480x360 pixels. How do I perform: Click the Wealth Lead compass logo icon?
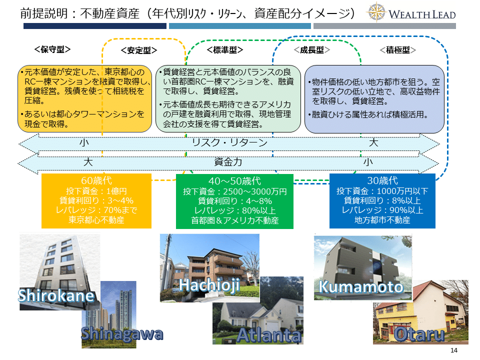376,12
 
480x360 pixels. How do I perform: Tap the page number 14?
453,350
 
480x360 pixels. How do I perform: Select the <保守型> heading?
52,49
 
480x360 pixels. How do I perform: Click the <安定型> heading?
139,50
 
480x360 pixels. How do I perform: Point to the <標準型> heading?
225,49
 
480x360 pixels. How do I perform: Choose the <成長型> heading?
312,50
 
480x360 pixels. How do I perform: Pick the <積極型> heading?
398,50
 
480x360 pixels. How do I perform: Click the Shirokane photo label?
56,295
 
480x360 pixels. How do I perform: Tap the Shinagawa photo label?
122,334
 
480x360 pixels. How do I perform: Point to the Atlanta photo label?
269,335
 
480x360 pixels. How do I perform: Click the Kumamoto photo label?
361,287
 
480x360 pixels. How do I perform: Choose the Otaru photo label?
419,334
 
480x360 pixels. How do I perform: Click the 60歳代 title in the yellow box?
96,180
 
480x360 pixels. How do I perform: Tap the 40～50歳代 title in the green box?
235,181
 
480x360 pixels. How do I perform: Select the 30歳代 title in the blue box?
382,180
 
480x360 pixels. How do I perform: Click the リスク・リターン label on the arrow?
229,142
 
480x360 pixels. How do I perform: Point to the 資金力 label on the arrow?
228,161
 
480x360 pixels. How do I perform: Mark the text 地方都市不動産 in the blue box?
382,220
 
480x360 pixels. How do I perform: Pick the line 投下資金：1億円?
96,191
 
